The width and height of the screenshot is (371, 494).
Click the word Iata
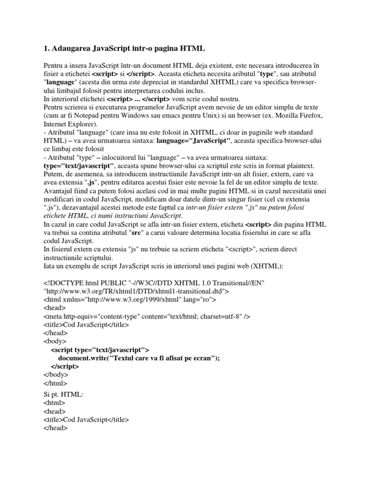click(50, 266)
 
